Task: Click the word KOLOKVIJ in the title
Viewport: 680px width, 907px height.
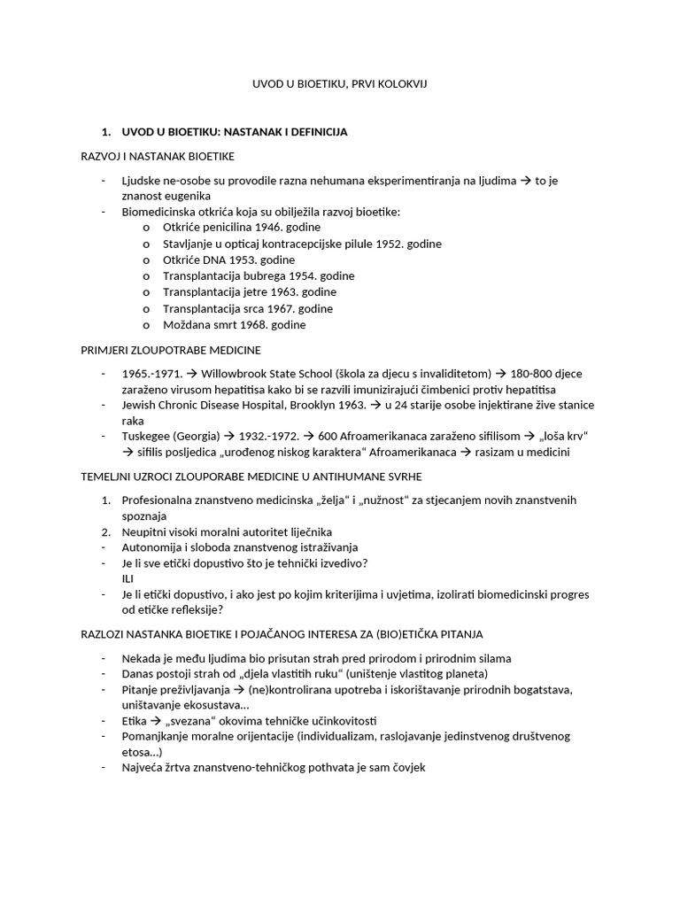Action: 403,83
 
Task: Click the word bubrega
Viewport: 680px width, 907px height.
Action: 257,276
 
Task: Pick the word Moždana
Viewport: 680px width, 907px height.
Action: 184,325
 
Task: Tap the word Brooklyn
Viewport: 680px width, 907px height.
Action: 296,405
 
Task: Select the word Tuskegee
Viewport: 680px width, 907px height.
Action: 146,437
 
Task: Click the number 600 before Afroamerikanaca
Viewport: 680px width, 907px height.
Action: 328,437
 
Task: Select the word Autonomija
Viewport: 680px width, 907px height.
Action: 151,547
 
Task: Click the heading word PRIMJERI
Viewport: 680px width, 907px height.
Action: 103,351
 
